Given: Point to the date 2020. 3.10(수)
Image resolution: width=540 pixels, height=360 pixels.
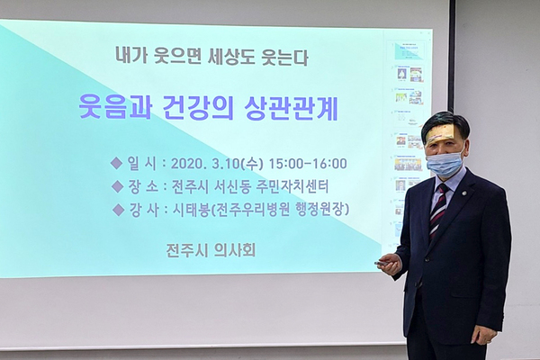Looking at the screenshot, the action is coord(217,164).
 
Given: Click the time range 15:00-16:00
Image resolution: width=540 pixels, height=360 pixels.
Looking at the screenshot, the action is coord(308,164).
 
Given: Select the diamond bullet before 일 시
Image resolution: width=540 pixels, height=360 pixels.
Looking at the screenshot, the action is coord(116,163).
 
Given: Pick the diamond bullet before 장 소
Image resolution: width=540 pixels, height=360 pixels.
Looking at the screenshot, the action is coord(118,186).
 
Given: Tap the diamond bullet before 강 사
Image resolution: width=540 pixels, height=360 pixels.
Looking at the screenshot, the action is coord(119,210).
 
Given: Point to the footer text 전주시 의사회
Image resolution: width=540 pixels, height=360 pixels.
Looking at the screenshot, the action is coord(211,250).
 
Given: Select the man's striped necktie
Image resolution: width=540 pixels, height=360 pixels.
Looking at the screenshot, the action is coord(437,211).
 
